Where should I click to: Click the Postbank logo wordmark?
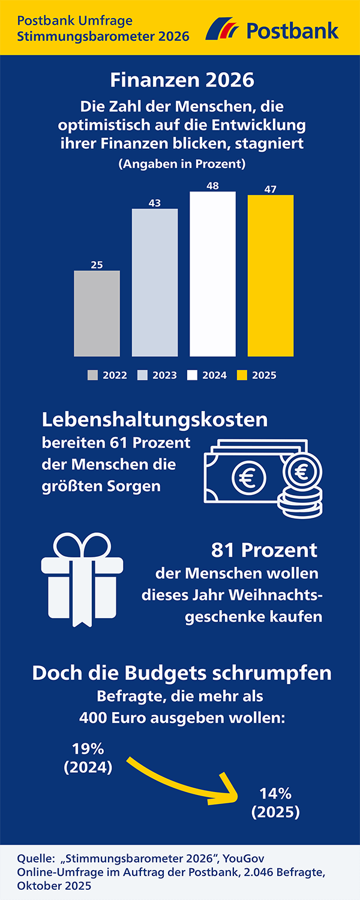pos(292,30)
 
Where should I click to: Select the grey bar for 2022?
pos(97,313)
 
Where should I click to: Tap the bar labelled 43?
pos(155,282)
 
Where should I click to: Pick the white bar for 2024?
pos(212,274)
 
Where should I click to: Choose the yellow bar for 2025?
pos(271,276)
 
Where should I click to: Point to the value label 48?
pos(212,186)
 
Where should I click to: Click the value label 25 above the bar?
pos(97,265)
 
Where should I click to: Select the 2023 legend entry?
pos(157,375)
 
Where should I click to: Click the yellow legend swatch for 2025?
pos(242,375)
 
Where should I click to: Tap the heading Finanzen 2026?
pos(182,80)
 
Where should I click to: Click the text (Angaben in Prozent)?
pos(182,163)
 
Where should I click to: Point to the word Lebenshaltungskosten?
pos(154,419)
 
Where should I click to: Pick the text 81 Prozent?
pos(264,550)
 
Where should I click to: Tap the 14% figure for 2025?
pos(275,794)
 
